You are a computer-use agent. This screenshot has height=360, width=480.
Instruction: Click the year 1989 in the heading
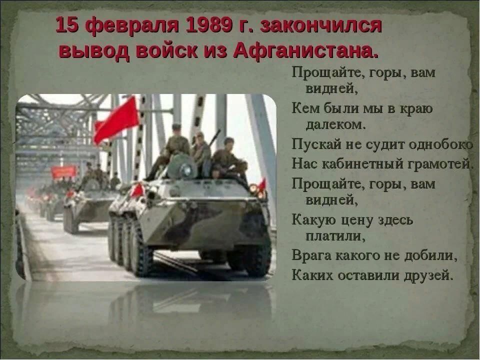coord(208,25)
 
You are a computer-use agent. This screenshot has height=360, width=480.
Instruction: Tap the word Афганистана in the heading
coord(306,51)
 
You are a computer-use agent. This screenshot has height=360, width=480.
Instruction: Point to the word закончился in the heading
coord(321,26)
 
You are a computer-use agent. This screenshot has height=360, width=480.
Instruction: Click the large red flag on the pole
coord(116,119)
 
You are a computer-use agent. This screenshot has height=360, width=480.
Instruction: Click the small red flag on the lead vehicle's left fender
coord(137,190)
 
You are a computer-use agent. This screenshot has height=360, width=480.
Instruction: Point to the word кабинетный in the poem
coord(362,164)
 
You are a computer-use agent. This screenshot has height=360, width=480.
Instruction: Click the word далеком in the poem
coord(336,124)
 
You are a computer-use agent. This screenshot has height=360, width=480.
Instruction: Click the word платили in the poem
coord(335,236)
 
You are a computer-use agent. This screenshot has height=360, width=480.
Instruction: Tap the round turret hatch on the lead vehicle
coord(182,166)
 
